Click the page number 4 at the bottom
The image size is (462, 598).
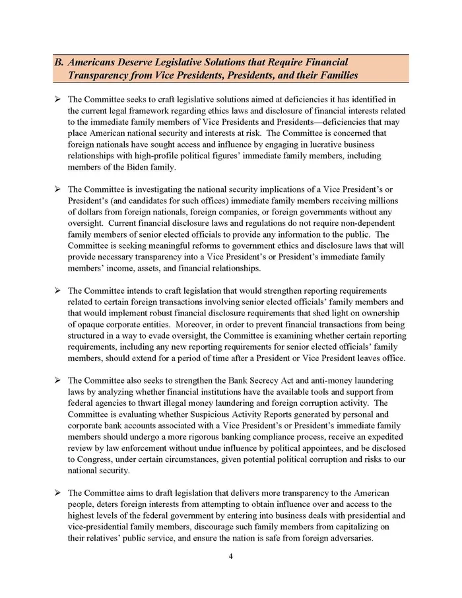click(230, 556)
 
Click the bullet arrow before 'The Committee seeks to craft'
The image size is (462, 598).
click(57, 98)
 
